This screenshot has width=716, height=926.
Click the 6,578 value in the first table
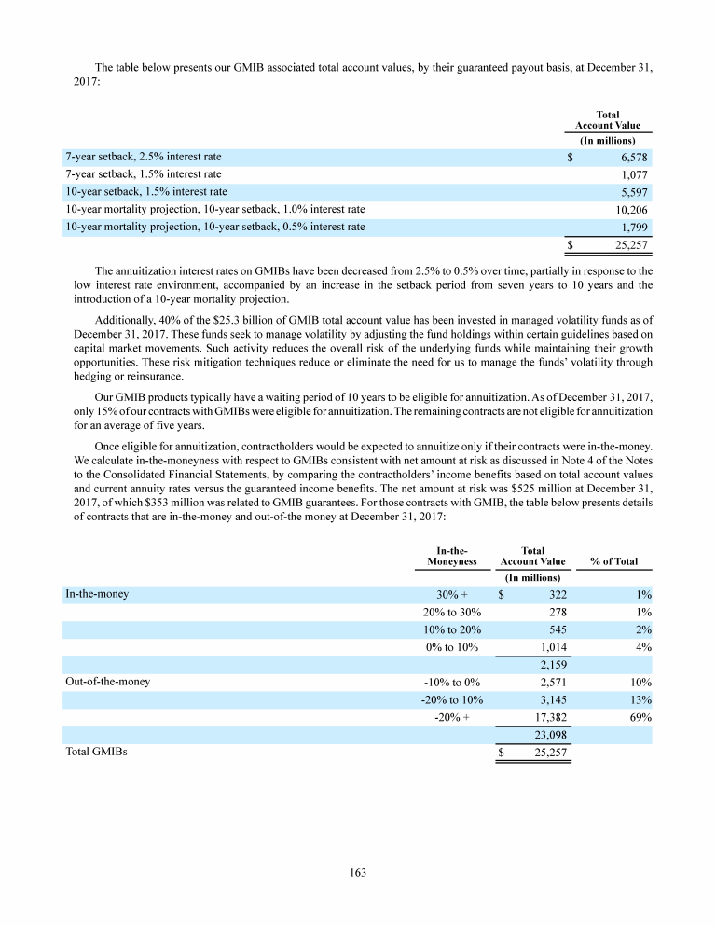click(x=634, y=157)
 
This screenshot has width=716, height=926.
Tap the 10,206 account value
click(x=630, y=210)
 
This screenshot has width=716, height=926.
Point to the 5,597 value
click(x=634, y=192)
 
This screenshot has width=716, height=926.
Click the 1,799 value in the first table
click(x=634, y=228)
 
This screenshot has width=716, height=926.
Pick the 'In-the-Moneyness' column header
click(x=451, y=557)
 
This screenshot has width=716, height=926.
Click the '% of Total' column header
click(x=614, y=562)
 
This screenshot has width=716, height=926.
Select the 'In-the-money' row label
click(x=98, y=593)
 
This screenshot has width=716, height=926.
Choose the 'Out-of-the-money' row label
click(x=107, y=682)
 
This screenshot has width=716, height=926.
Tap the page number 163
click(x=358, y=873)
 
